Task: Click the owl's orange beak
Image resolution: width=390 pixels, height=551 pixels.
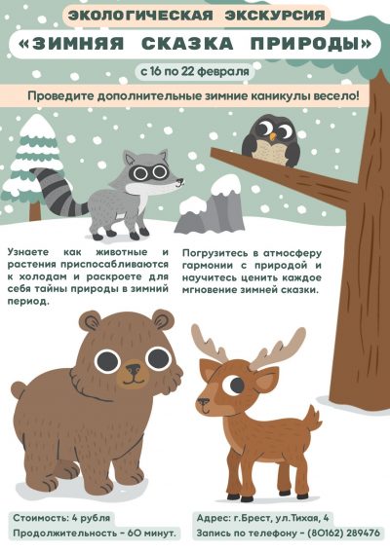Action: pyautogui.click(x=272, y=136)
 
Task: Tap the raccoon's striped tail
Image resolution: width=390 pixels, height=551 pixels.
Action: pyautogui.click(x=58, y=192)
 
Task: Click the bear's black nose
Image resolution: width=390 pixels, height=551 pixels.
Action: pyautogui.click(x=134, y=369)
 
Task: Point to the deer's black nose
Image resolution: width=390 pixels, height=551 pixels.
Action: pyautogui.click(x=202, y=401)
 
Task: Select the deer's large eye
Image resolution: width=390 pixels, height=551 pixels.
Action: pyautogui.click(x=234, y=386)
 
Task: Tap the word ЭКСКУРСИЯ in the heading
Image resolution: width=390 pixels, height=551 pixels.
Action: pyautogui.click(x=275, y=16)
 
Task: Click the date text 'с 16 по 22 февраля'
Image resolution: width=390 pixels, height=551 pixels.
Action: pyautogui.click(x=195, y=71)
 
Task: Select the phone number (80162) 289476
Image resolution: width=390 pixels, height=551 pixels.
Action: pyautogui.click(x=344, y=533)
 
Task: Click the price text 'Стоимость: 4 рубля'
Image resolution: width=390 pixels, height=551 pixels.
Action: pyautogui.click(x=61, y=518)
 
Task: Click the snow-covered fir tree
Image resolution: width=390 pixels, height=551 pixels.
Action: pyautogui.click(x=34, y=165)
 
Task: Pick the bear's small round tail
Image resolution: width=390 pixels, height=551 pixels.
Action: pyautogui.click(x=19, y=390)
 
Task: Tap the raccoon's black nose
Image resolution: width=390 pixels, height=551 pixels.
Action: pyautogui.click(x=180, y=182)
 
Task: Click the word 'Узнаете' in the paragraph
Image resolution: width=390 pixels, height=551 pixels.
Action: pyautogui.click(x=28, y=252)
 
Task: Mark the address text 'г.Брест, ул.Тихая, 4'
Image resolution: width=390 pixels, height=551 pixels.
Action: pyautogui.click(x=279, y=518)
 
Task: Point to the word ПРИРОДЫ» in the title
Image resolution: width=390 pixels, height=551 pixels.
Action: pyautogui.click(x=311, y=44)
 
